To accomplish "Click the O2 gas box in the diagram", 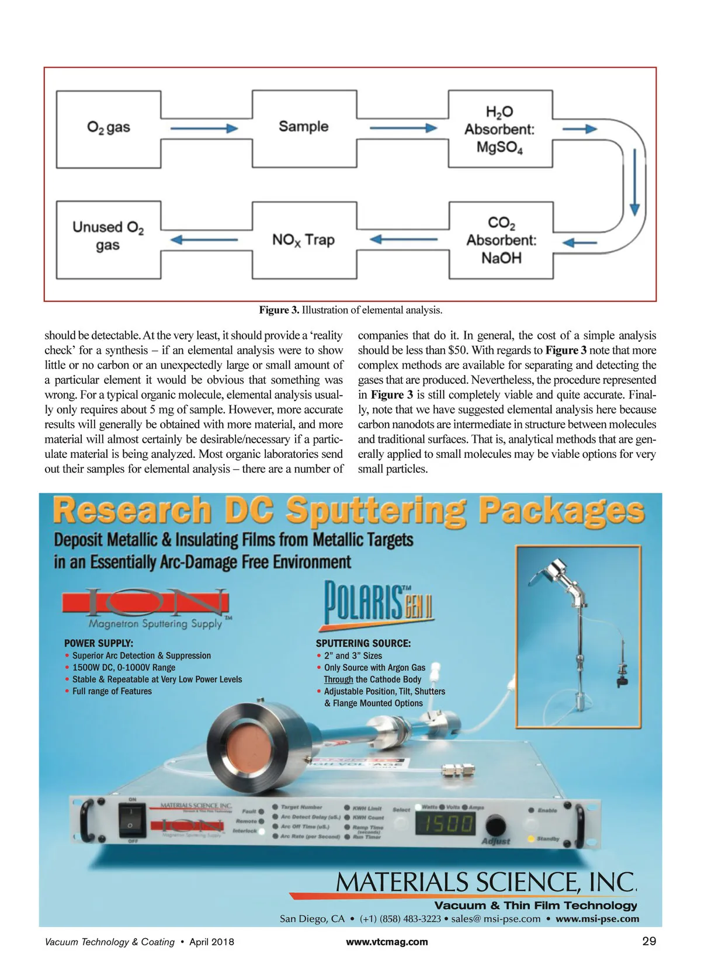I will click(x=109, y=128).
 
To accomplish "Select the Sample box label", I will click(x=303, y=127).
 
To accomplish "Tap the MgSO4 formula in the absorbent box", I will click(x=499, y=147).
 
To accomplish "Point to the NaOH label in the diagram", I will click(x=501, y=258).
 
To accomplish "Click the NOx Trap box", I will click(x=303, y=240).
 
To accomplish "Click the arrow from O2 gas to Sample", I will click(x=204, y=128).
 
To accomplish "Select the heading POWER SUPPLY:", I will click(x=99, y=643).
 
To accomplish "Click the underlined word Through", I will click(x=338, y=679).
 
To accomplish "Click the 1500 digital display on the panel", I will click(x=445, y=824).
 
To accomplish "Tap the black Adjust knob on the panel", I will click(x=495, y=826).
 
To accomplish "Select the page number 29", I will click(x=649, y=941).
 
